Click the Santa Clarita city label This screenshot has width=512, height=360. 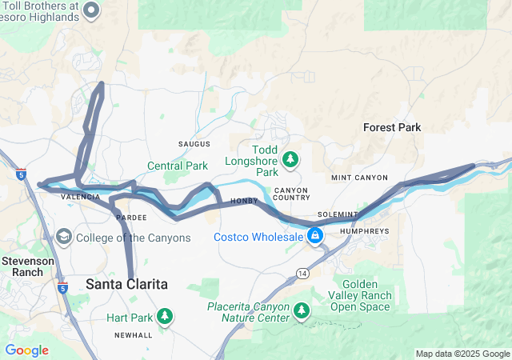(x=126, y=284)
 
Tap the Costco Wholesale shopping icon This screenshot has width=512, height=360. (x=316, y=236)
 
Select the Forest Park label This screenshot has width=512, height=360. (x=391, y=127)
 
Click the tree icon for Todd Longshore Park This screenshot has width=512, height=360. (x=290, y=159)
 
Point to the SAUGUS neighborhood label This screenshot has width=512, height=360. (x=194, y=144)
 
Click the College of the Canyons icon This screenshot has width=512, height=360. (x=62, y=238)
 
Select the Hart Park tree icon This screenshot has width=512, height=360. (x=165, y=317)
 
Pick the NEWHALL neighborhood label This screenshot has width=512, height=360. (x=133, y=334)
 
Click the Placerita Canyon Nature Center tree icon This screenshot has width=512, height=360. (x=302, y=310)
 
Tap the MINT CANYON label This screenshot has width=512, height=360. (x=359, y=178)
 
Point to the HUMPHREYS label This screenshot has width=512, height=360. (x=364, y=230)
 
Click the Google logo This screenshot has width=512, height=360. (x=26, y=350)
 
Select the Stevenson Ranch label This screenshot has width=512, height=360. (x=27, y=266)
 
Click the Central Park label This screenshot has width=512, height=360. (x=177, y=166)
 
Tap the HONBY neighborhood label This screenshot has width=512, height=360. (x=243, y=202)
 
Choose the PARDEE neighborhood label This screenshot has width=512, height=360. (x=131, y=218)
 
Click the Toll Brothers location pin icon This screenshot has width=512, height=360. (x=91, y=10)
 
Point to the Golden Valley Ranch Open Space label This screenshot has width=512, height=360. (x=366, y=295)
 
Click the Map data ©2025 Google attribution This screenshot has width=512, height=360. (x=462, y=354)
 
